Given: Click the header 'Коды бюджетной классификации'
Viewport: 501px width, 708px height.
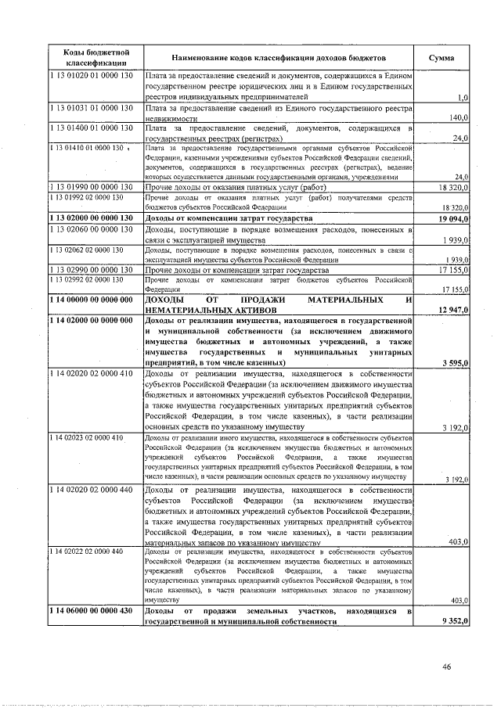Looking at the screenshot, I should pos(96,58).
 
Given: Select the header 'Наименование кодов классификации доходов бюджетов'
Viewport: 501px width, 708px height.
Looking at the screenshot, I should pos(279,59).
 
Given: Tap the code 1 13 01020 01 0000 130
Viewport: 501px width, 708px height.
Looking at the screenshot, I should pos(92,76).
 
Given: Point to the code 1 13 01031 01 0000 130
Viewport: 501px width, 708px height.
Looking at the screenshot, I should pos(92,107).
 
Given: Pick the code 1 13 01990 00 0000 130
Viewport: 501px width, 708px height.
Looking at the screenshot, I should pos(92,187).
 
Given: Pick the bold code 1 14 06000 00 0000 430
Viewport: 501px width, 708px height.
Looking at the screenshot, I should pos(93,609).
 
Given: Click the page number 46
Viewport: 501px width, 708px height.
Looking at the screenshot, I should pos(447,667).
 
